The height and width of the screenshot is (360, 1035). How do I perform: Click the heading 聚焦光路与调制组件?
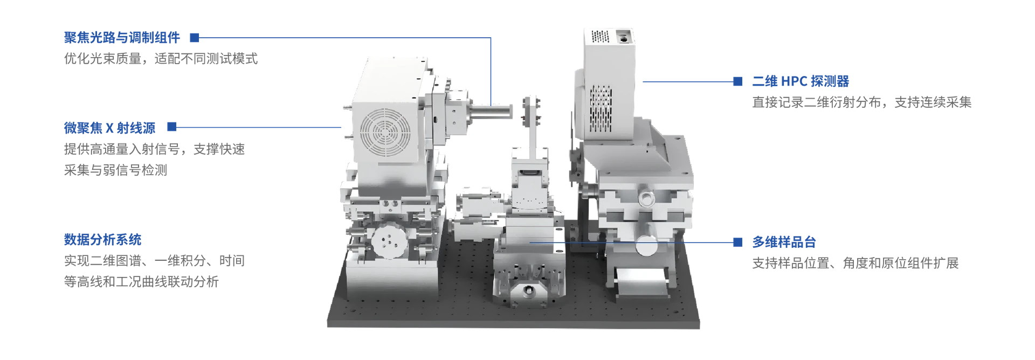[x=122, y=38]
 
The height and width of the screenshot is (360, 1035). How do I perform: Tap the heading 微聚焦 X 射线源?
[x=109, y=128]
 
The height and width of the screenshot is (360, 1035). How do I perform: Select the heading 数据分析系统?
[x=102, y=239]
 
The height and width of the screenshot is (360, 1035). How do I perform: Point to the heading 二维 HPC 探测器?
[x=801, y=81]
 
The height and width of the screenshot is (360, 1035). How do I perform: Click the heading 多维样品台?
[x=784, y=242]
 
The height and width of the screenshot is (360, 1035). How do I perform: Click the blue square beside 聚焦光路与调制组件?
[x=195, y=38]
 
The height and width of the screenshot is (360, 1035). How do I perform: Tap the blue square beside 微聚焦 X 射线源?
[x=172, y=127]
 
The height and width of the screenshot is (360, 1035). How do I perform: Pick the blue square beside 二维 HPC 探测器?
[x=738, y=81]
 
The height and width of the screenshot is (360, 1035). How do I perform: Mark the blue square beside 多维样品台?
[x=738, y=242]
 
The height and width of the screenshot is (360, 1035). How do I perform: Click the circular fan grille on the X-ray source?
[x=385, y=133]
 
